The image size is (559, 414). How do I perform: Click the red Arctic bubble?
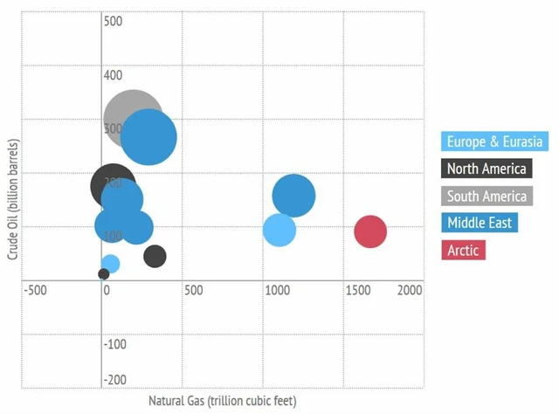[370, 231]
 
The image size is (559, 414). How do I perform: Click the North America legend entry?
[487, 169]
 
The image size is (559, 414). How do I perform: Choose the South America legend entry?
[487, 196]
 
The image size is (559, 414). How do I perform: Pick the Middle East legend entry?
[480, 223]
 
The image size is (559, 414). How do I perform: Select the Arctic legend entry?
[465, 251]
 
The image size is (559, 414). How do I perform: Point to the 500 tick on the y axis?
[114, 20]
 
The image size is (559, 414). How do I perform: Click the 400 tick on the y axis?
[114, 76]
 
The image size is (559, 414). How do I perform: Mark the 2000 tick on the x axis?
[410, 290]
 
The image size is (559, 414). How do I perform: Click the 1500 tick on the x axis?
[357, 290]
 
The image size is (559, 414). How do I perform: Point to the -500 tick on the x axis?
[36, 290]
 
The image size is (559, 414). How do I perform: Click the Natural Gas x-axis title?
[222, 401]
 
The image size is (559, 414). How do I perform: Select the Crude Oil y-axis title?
[13, 198]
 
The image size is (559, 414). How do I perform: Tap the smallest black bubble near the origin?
[104, 273]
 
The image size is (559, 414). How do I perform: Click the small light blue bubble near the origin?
[110, 263]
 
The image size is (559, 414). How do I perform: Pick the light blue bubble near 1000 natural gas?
[279, 231]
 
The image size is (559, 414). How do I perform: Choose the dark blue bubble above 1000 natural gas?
[293, 196]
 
